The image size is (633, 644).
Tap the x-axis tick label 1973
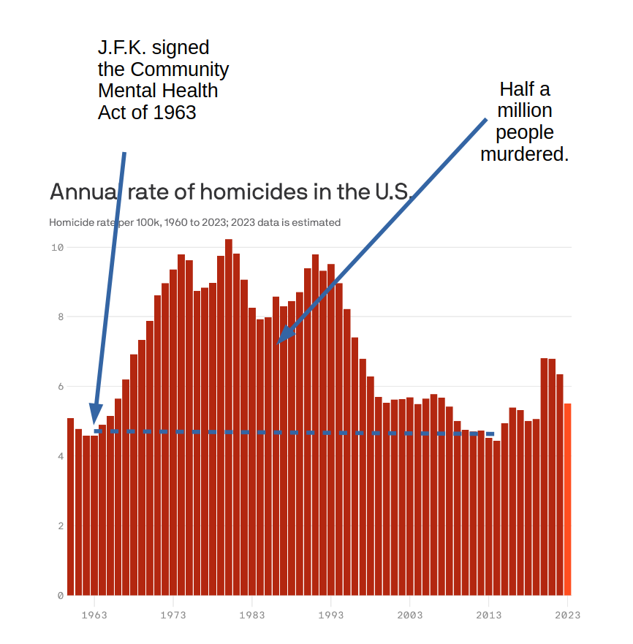[173, 615]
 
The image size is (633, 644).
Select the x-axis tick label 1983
[252, 615]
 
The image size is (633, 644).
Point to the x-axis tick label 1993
[331, 615]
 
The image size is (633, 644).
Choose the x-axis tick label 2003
[410, 615]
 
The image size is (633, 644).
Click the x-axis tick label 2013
[489, 615]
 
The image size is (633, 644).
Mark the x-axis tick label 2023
[567, 615]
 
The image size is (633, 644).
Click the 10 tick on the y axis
[57, 247]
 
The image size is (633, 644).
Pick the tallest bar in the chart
[229, 417]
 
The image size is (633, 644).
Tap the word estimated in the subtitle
[316, 222]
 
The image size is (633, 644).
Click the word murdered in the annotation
[524, 154]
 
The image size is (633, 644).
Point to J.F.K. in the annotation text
[124, 48]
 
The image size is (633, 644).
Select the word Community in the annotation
[180, 69]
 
